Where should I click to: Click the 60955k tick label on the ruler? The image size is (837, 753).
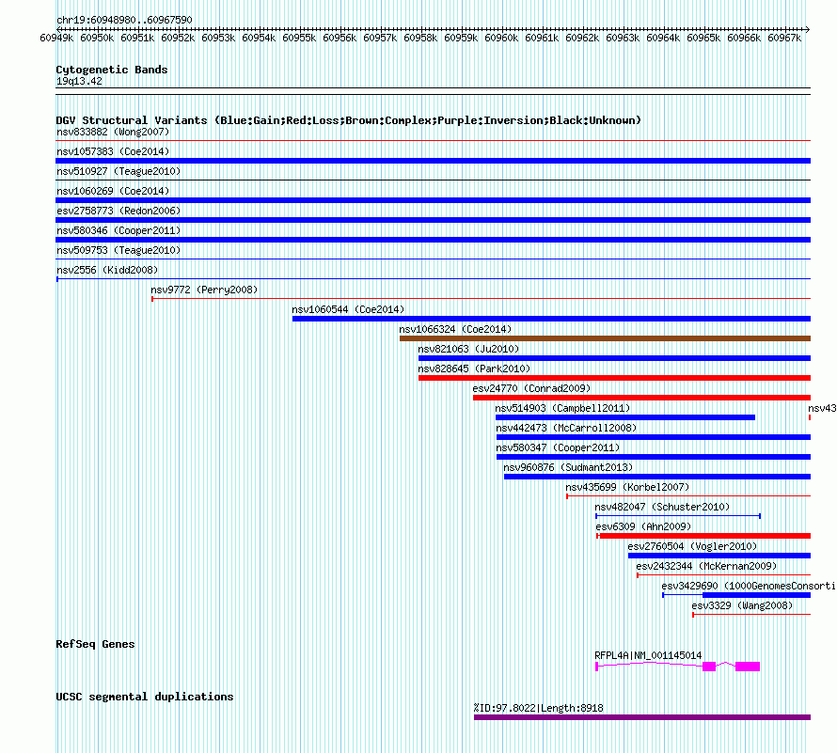tap(299, 38)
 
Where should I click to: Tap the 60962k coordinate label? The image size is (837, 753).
tap(583, 38)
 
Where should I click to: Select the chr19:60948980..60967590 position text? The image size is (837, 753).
tap(124, 20)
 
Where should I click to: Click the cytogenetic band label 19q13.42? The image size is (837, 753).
tap(79, 81)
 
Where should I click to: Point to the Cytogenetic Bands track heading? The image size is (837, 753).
tap(111, 70)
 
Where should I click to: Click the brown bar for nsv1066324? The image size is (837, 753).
tap(604, 338)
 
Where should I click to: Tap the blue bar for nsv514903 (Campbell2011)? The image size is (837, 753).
tap(625, 417)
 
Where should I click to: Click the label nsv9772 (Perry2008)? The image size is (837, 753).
tap(204, 290)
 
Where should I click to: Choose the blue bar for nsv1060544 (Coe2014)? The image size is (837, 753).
tap(550, 319)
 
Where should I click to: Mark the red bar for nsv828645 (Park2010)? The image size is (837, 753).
tap(613, 378)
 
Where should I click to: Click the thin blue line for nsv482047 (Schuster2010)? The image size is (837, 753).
tap(677, 516)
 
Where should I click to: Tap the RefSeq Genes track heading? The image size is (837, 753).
tap(95, 644)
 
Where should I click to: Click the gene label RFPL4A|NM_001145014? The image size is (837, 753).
tap(648, 655)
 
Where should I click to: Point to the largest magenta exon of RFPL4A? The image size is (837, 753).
tap(748, 667)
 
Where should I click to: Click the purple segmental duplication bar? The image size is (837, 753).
tap(641, 717)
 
